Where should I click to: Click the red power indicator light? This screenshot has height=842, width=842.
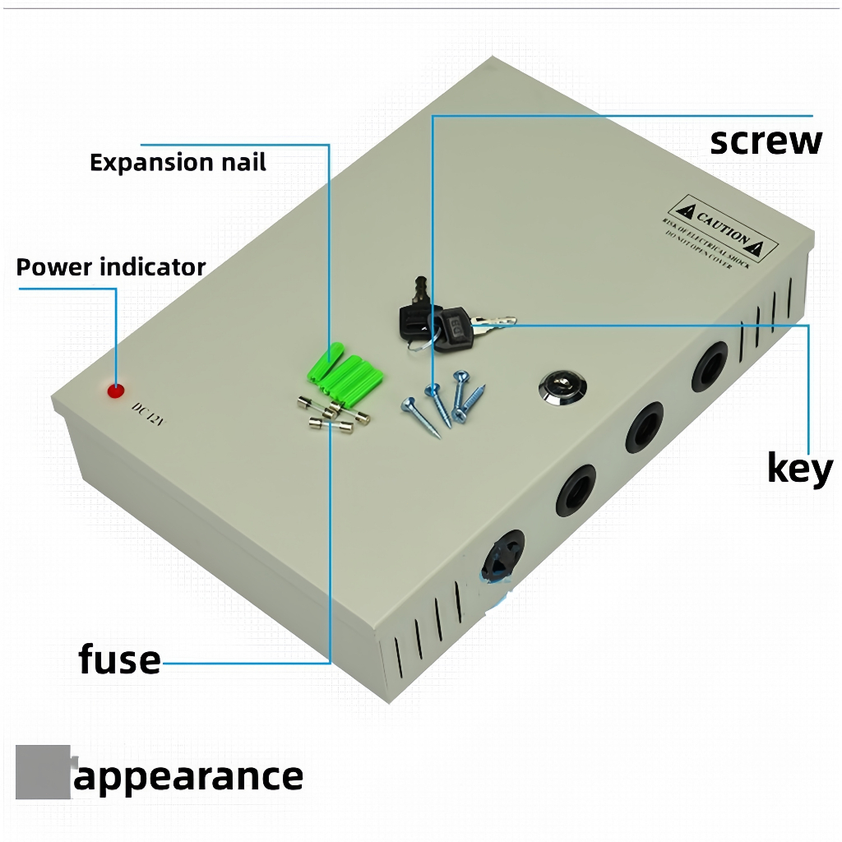(116, 390)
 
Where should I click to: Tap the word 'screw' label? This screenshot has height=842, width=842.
(766, 141)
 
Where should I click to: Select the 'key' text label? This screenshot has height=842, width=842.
(799, 469)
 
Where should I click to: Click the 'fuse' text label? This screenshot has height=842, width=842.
(120, 659)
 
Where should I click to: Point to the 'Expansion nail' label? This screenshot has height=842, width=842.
(178, 162)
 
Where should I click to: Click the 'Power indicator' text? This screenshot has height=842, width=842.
(111, 267)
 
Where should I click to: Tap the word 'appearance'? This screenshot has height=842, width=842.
(188, 775)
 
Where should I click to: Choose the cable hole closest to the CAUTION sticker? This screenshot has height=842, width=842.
(709, 366)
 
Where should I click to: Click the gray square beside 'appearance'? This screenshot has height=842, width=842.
(42, 772)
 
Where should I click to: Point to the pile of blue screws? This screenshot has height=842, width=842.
(444, 400)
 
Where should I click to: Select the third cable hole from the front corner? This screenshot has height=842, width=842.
(644, 427)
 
